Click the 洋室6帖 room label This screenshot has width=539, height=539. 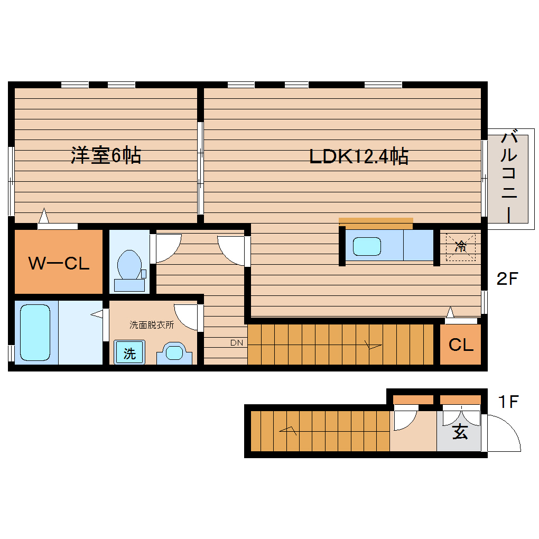point(106,155)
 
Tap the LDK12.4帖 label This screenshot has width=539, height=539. point(358,156)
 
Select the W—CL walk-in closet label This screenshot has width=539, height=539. point(58,263)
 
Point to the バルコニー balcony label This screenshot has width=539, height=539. point(508,177)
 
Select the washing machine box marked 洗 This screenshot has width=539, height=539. point(129,353)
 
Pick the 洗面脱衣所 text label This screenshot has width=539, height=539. point(152,325)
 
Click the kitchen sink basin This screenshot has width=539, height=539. point(367,246)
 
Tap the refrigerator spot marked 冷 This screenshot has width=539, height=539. point(461,246)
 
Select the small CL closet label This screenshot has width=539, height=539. point(461,345)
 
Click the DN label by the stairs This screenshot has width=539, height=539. point(236,343)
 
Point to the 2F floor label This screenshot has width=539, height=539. point(509,279)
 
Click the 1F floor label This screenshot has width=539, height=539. point(509,402)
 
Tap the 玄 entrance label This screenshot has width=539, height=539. point(460,432)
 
